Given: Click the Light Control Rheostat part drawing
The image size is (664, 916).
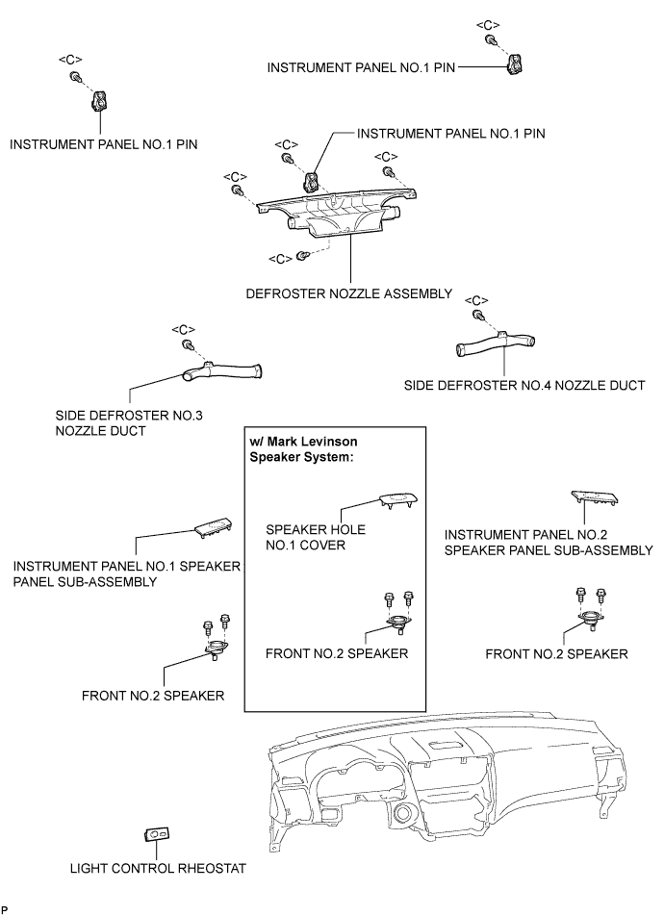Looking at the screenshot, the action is pos(157,835).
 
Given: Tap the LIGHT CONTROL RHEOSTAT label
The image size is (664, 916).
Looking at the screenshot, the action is pos(158,868).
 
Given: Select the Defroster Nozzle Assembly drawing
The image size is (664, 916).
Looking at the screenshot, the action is pos(337,214).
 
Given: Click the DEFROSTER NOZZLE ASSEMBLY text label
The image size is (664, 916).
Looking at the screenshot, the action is pos(349,293).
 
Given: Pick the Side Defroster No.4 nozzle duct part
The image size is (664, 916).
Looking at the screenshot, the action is pos(495,343).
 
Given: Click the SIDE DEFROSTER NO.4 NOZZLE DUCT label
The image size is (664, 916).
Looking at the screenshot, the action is pos(524,386).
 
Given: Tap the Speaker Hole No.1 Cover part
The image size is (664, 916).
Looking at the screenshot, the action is pos(399,500).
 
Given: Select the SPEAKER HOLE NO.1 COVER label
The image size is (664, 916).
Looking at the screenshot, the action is pos(315,538).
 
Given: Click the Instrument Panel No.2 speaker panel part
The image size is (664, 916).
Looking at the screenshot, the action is pos(595,497).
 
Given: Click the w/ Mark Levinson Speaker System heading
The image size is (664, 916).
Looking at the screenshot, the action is pos(303,449).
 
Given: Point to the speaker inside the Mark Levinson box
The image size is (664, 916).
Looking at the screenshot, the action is pos(399,623).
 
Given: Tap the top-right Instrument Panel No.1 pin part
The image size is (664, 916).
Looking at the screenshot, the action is pos(515,64).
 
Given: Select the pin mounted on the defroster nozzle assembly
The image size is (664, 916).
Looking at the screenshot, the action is pos(312,182).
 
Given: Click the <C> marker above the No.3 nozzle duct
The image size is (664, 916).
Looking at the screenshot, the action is pos(183,330).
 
